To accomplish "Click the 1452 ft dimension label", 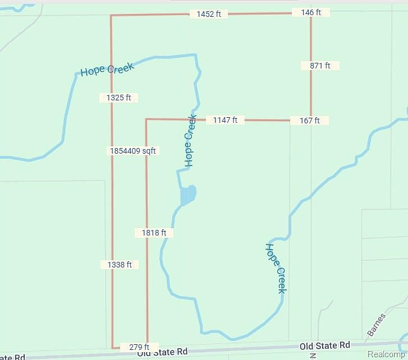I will point(208,14).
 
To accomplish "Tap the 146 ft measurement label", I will point(310,12).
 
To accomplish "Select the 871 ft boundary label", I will point(320,66).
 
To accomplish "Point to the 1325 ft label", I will point(118,98).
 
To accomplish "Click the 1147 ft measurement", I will point(225,120).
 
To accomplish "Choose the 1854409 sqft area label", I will point(133,151).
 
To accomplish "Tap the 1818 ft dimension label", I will point(154,233).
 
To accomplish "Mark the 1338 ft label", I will point(120,265).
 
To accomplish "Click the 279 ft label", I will point(139,347).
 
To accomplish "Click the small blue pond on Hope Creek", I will point(188,195).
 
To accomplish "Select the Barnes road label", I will point(376,325).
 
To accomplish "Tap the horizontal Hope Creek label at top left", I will point(107,70).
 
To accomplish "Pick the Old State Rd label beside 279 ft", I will point(162,352).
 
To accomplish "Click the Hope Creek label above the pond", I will point(190,141).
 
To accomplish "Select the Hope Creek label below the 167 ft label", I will point(276,268).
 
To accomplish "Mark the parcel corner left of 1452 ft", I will point(111,16).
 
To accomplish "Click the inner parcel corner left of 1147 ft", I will point(146,119).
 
